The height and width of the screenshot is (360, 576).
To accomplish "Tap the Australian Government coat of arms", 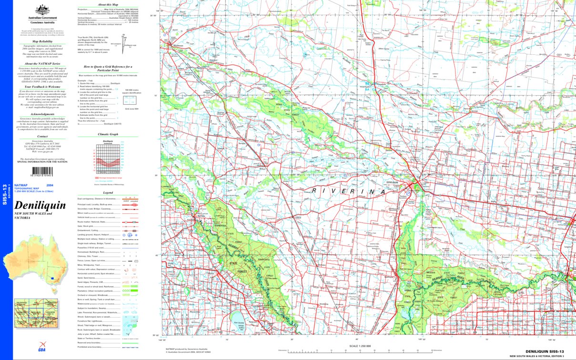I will (x=42, y=10).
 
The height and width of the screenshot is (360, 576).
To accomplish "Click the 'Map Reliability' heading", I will (x=42, y=41).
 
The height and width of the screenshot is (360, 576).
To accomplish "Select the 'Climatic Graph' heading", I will (x=108, y=135).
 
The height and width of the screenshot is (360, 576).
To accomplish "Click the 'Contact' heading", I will (x=42, y=136).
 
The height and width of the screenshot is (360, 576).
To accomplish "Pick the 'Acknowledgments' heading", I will (x=42, y=114).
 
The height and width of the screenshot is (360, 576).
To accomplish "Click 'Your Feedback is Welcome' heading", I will (x=42, y=87).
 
